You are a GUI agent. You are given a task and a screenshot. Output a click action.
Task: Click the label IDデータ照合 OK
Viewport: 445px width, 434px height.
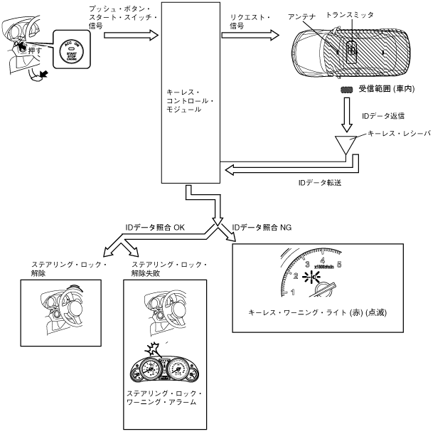point(154,227)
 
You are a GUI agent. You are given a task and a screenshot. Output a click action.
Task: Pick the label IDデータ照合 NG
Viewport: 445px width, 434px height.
point(262,227)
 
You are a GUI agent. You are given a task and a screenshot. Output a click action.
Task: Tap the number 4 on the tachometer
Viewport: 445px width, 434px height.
point(323,260)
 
